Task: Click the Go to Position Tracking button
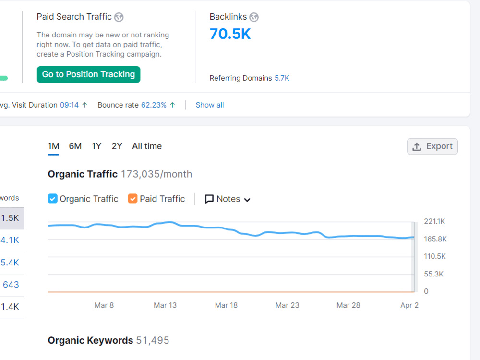point(88,74)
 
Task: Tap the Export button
point(432,146)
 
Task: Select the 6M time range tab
point(75,146)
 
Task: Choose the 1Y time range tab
point(96,146)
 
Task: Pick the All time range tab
point(147,146)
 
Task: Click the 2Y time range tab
point(117,146)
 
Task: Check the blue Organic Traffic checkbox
point(53,199)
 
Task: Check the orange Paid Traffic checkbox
point(132,199)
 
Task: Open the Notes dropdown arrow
point(247,200)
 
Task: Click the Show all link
point(210,105)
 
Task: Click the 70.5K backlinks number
point(230,34)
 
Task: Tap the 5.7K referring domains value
point(282,78)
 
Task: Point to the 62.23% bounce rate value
point(154,105)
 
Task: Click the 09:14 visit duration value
point(70,105)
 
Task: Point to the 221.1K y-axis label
point(434,221)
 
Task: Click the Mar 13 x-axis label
point(165,305)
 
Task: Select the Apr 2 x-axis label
point(409,305)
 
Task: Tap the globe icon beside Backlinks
point(254,17)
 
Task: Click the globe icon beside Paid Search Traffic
point(119,17)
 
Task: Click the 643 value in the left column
point(11,285)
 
